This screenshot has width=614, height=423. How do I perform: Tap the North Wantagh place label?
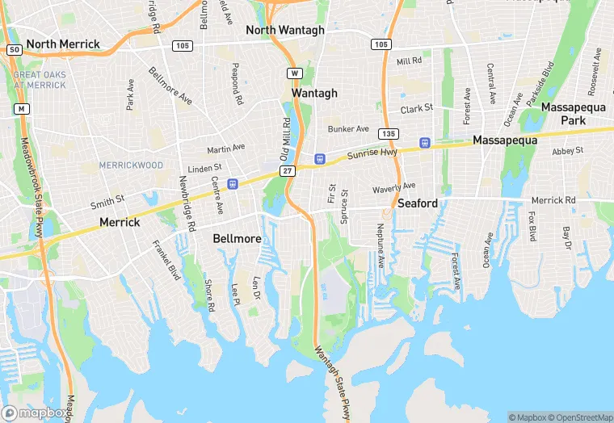(x=285, y=30)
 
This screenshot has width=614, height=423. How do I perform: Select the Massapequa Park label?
(x=574, y=114)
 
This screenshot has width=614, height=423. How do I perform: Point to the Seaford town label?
(x=417, y=203)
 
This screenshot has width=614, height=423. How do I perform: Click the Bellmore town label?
(x=237, y=238)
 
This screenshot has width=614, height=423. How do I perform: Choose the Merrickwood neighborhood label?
(x=131, y=165)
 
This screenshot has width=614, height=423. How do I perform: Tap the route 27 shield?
(x=288, y=171)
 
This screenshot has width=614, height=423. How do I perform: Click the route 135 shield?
(x=389, y=133)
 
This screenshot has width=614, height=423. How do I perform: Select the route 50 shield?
(x=14, y=49)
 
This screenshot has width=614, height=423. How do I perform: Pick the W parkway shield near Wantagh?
(x=295, y=73)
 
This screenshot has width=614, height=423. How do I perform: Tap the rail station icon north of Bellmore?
(x=233, y=184)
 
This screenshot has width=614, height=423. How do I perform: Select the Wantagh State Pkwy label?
(x=332, y=379)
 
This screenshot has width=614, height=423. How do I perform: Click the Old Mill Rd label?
(x=284, y=138)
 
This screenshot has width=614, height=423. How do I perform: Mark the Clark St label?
(x=417, y=107)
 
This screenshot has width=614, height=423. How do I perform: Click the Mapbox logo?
(x=36, y=413)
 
